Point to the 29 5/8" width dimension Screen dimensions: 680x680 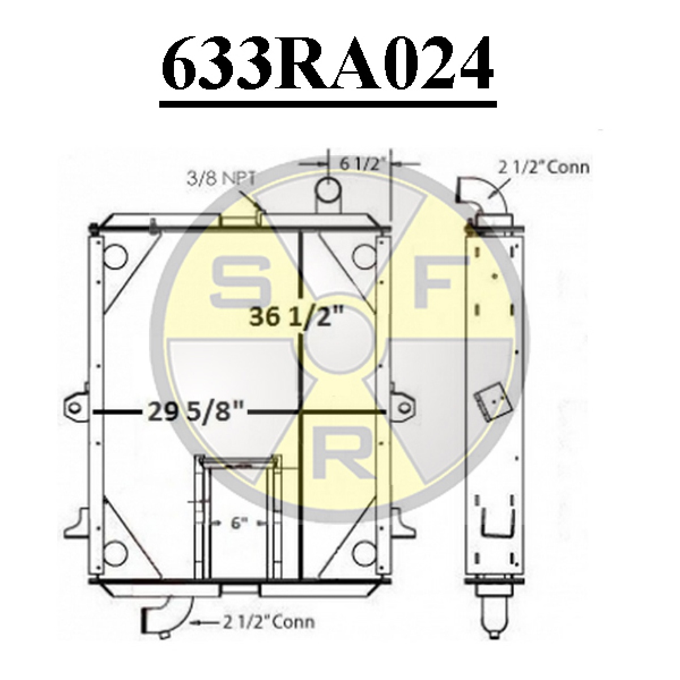pos(195,412)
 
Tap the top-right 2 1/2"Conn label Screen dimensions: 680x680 pos(543,168)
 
